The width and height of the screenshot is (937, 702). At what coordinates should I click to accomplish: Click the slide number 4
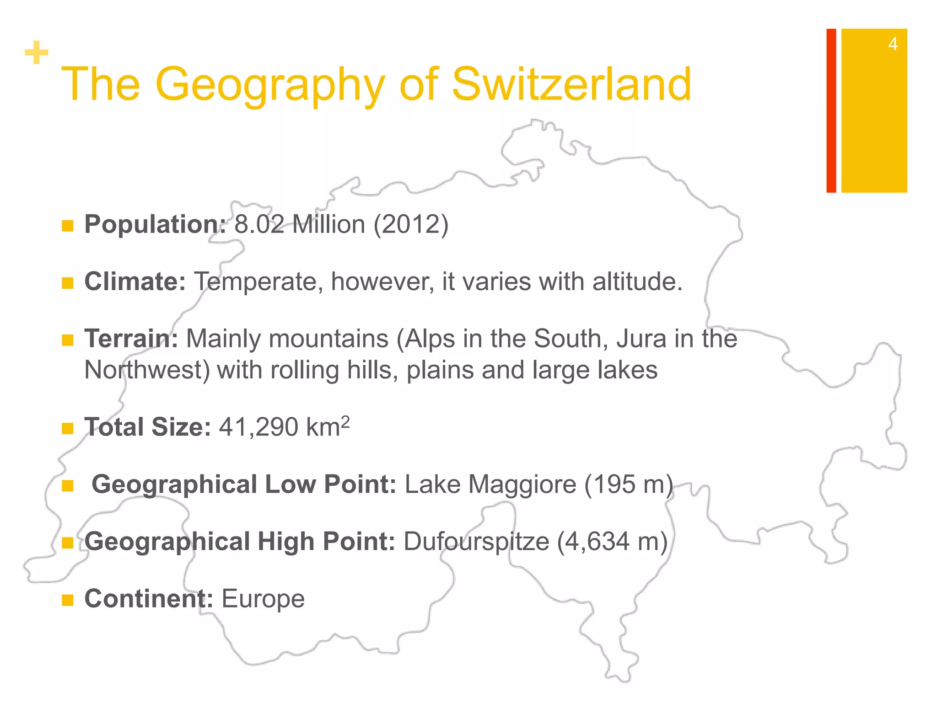(893, 44)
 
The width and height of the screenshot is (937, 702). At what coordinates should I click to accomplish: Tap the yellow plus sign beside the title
(37, 53)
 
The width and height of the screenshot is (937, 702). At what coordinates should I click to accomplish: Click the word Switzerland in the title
(571, 85)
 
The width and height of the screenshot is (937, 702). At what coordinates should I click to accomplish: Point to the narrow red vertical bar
(831, 111)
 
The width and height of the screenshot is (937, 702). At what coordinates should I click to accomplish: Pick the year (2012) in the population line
(411, 224)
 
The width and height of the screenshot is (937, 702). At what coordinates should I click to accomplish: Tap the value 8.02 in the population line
(259, 224)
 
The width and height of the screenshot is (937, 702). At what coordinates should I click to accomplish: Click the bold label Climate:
(135, 282)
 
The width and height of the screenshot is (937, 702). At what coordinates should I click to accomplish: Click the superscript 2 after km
(345, 421)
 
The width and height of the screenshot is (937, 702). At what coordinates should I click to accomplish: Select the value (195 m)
(629, 484)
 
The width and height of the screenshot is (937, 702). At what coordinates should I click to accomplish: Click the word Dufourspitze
(476, 542)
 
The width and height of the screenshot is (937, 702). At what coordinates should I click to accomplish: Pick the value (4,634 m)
(612, 542)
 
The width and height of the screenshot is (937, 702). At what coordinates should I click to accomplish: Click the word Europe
(263, 599)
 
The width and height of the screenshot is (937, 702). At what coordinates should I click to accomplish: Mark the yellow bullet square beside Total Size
(68, 429)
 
